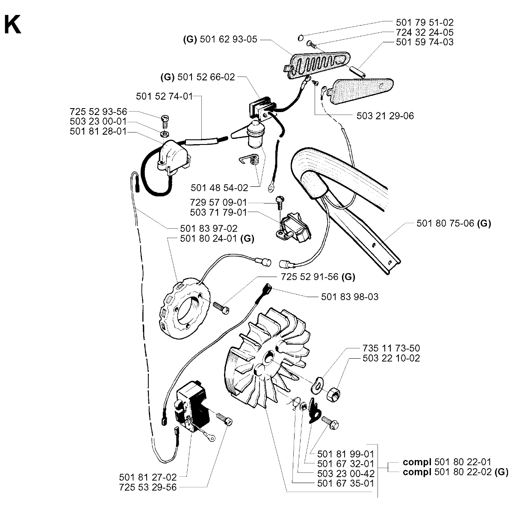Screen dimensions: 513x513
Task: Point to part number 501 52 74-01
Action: pyautogui.click(x=164, y=97)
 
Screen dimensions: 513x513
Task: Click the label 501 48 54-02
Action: pyautogui.click(x=219, y=187)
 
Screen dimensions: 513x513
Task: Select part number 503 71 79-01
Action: pyautogui.click(x=219, y=212)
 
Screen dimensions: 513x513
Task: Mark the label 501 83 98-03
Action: pyautogui.click(x=350, y=296)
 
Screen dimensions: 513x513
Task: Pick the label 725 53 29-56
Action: pyautogui.click(x=148, y=487)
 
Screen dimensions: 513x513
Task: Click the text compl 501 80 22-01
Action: pyautogui.click(x=447, y=462)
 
